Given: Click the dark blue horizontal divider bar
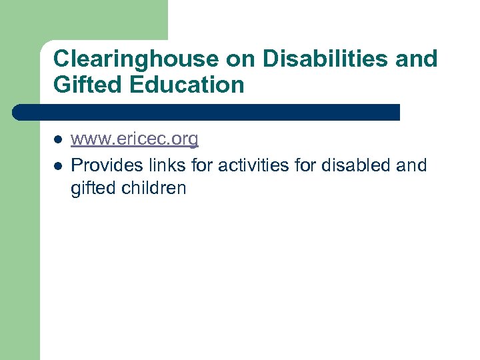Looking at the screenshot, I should [207, 112].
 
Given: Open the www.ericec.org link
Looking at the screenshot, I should [135, 139].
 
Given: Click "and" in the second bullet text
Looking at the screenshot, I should [411, 165].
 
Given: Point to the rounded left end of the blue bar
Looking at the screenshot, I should [18, 112].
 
